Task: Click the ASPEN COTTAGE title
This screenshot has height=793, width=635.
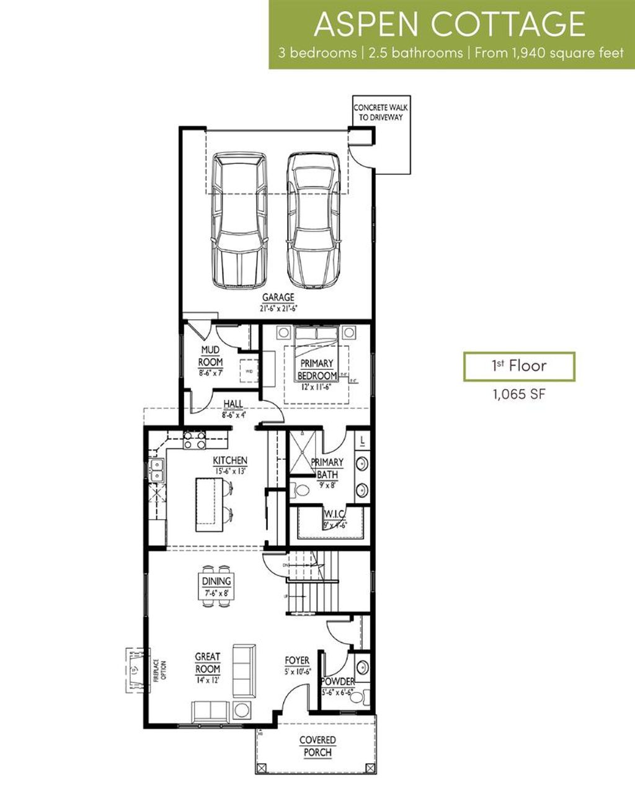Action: pos(450,24)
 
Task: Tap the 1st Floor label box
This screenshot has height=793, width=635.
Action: pos(519,366)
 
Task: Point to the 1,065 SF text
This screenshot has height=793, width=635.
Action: pos(519,394)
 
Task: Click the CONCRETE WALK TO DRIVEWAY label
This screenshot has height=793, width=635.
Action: pos(381,112)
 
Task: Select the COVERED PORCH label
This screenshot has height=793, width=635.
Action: pos(317,746)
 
